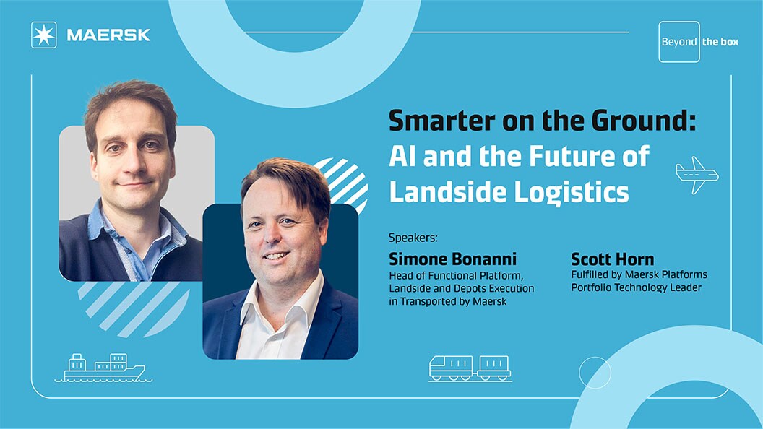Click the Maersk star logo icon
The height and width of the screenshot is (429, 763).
[43, 35]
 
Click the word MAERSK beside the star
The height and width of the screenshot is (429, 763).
[108, 35]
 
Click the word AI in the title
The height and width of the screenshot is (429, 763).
[403, 157]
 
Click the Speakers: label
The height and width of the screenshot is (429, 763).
[413, 237]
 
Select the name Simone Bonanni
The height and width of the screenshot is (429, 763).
[453, 259]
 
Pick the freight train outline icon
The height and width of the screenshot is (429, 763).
[470, 368]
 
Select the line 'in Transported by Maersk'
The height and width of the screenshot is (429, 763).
[447, 301]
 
